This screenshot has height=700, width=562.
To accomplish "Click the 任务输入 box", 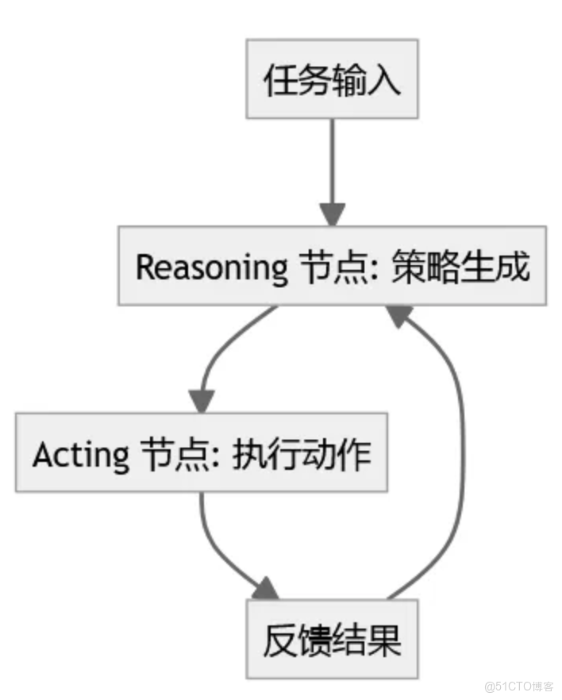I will coord(332,81).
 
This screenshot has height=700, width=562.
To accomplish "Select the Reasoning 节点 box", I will coord(332,267).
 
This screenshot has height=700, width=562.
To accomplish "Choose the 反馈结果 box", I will coord(332,640).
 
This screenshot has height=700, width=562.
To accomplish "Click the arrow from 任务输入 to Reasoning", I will coord(332,171).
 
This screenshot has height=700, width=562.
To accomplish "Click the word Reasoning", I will coord(211,268).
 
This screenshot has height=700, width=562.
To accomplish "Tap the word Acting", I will coord(80,455).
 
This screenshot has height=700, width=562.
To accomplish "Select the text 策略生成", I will coord(460,267).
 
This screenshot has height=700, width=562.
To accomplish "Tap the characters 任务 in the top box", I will coord(297,81).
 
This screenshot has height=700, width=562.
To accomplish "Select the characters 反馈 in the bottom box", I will coord(297,640).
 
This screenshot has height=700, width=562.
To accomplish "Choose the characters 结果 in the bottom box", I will coord(367,640).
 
